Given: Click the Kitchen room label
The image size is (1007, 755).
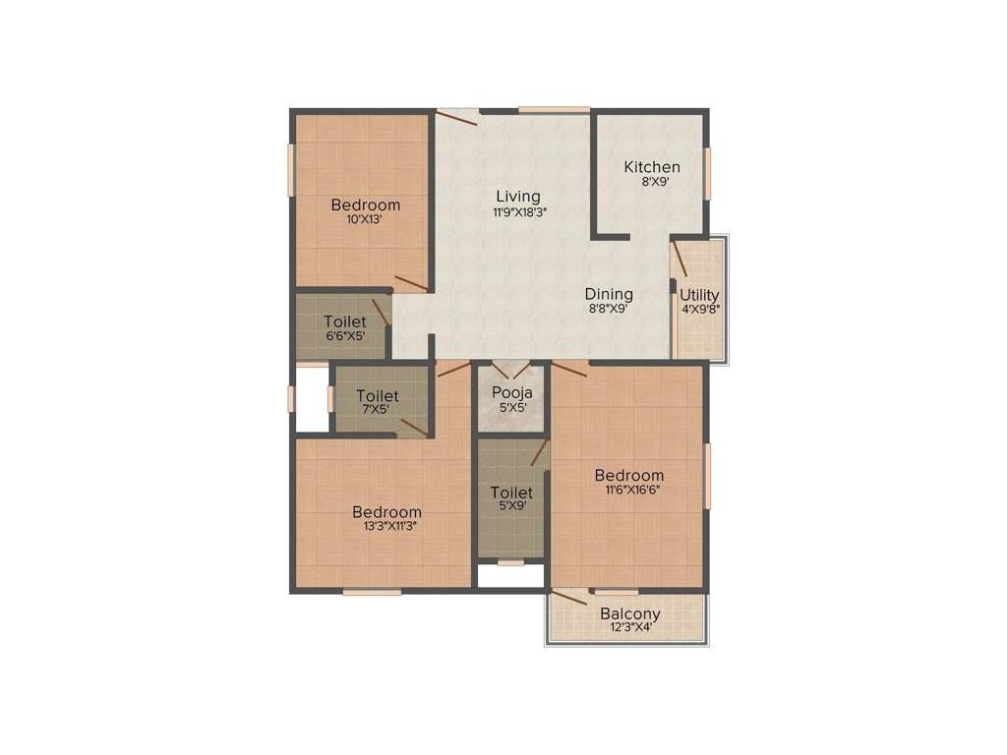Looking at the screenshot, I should [652, 167].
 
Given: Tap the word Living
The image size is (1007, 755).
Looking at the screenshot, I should [518, 197].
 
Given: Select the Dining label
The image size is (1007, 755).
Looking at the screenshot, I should [609, 294].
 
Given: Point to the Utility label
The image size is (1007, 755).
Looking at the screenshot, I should [699, 295].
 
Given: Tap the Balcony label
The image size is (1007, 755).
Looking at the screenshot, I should [630, 614].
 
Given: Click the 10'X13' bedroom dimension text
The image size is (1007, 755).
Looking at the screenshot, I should [365, 219].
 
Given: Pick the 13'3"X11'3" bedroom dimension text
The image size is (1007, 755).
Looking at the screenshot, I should [386, 526].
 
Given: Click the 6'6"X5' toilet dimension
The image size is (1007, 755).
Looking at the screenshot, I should [344, 335].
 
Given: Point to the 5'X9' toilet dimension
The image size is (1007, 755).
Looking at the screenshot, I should [511, 506].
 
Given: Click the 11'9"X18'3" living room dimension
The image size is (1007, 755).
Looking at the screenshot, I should [518, 211].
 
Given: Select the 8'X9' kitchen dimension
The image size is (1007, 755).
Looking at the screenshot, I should [652, 182].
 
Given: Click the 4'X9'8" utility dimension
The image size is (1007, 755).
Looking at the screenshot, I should [699, 309].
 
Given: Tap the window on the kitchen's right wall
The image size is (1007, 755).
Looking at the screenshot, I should [707, 172].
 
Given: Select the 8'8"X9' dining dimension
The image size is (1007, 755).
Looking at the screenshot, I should [609, 308].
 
